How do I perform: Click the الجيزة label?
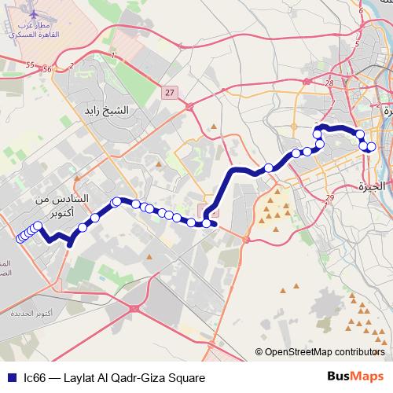click(369, 186)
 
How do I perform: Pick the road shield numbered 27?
click(170, 93)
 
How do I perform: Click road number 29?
click(329, 197)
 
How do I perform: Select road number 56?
click(47, 69)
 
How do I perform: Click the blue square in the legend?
click(9, 377)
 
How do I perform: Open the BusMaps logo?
click(354, 376)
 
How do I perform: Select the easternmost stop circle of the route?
click(372, 147)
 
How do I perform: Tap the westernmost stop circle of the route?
click(20, 239)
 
